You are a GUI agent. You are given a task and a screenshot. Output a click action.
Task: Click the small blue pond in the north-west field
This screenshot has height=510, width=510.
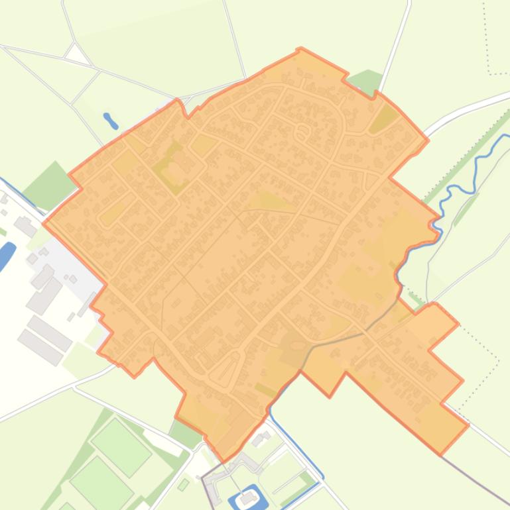[111, 121]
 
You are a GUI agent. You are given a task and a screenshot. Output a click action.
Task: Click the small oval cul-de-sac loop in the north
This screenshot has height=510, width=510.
[302, 132]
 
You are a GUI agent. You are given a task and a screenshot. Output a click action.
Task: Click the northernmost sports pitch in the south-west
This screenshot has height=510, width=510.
[121, 430]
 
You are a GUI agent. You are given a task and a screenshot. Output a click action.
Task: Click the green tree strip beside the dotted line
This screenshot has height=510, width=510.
[464, 159]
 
